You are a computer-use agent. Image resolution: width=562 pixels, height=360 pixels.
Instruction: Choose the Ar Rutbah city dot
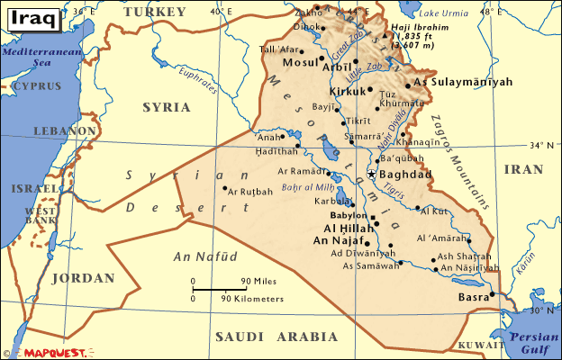pyautogui.click(x=224, y=188)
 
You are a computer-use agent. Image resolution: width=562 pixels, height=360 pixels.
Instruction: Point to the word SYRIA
pyautogui.click(x=167, y=107)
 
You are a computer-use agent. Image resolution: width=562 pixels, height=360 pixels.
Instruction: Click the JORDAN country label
pyautogui.click(x=83, y=278)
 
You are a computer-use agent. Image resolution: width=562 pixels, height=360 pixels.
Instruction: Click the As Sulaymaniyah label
pyautogui.click(x=469, y=82)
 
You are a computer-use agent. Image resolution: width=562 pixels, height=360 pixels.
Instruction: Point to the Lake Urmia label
pyautogui.click(x=445, y=14)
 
